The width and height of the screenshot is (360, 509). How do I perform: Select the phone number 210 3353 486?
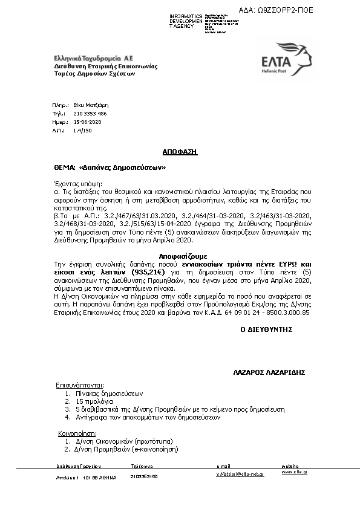[86, 113]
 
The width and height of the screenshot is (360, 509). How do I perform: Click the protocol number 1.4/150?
[81, 130]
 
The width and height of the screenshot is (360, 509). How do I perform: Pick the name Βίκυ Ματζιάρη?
[82, 105]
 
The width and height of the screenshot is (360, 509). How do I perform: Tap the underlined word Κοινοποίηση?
[77, 433]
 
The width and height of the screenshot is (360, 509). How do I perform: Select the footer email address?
[240, 475]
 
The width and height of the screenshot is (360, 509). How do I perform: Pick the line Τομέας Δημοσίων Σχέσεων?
[94, 74]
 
